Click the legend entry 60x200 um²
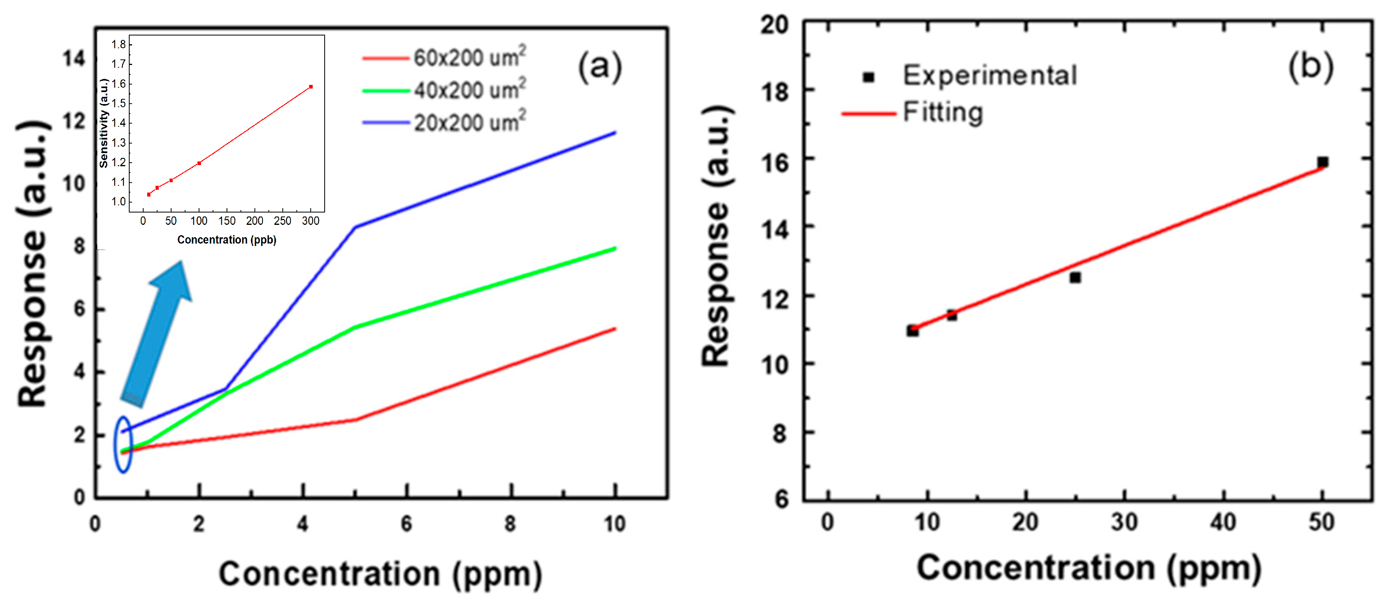469,57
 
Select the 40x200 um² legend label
469,90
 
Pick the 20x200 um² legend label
469,122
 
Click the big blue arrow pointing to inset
156,333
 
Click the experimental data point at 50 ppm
1322,161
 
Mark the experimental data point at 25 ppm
1074,277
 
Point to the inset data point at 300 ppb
311,87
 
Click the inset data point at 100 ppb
199,163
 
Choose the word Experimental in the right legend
989,75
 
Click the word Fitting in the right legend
943,112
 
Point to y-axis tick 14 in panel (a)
74,58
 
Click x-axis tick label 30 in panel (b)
1124,522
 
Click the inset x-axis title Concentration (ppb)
227,240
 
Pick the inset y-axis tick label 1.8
118,44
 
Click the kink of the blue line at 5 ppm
355,227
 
